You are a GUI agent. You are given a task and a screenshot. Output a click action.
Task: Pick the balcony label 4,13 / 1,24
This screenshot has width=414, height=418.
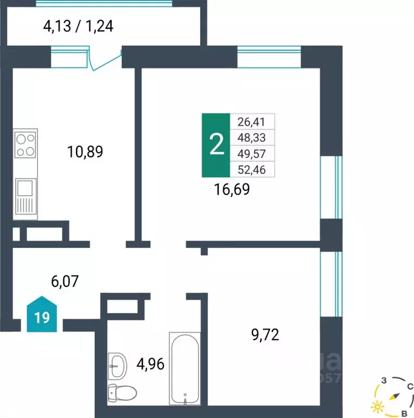[x=78, y=26]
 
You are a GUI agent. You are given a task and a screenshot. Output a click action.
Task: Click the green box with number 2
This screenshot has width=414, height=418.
[x=216, y=145]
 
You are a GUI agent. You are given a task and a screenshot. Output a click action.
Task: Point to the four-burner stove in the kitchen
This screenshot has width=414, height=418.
[x=26, y=145]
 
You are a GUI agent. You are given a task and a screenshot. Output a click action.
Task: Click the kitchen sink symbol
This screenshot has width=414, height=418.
[x=26, y=189]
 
